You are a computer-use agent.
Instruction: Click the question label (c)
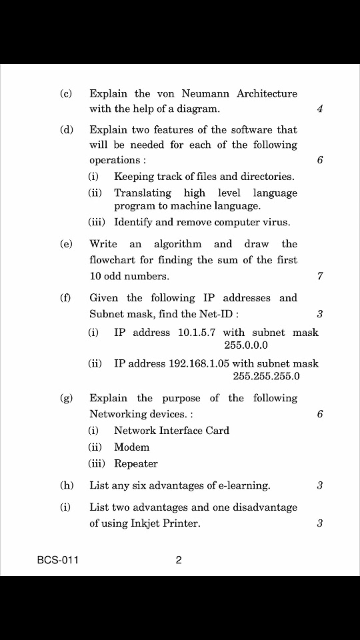(66, 94)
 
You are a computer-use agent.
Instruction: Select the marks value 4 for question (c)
(320, 109)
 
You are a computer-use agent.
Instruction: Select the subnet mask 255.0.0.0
(246, 345)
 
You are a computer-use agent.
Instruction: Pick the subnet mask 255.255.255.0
(267, 377)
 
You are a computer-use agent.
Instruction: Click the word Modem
(131, 447)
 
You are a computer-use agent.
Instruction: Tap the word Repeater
(136, 464)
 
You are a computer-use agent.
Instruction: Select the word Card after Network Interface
(217, 431)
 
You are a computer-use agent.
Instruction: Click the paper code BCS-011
(58, 561)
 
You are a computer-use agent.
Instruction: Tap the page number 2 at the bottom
(179, 561)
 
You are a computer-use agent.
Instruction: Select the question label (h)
(66, 486)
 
